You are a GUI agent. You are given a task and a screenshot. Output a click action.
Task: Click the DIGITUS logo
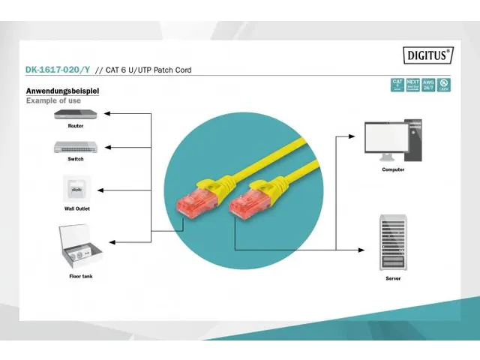tap(428, 54)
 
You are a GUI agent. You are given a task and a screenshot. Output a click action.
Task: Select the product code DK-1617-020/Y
tap(58, 70)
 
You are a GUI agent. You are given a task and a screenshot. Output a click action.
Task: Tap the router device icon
tap(75, 115)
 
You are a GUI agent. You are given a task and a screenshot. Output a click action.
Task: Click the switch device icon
tap(75, 147)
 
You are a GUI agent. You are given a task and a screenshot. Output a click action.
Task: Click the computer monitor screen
tap(386, 136)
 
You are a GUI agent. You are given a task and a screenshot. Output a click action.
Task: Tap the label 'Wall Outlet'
tap(76, 208)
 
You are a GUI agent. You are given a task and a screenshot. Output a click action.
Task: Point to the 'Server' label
tap(392, 278)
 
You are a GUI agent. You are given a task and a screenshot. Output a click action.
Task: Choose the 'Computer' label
tap(392, 169)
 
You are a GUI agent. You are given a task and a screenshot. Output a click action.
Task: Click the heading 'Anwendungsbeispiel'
tap(63, 91)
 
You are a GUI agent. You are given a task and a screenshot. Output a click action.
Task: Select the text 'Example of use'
tap(52, 100)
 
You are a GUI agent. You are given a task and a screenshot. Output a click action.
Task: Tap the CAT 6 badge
tap(397, 85)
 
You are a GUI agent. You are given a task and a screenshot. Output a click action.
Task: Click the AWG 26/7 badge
tap(427, 85)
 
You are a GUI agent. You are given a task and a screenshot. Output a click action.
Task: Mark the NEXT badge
tap(412, 85)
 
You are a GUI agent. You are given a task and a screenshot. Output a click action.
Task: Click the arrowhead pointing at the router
tap(106, 114)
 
